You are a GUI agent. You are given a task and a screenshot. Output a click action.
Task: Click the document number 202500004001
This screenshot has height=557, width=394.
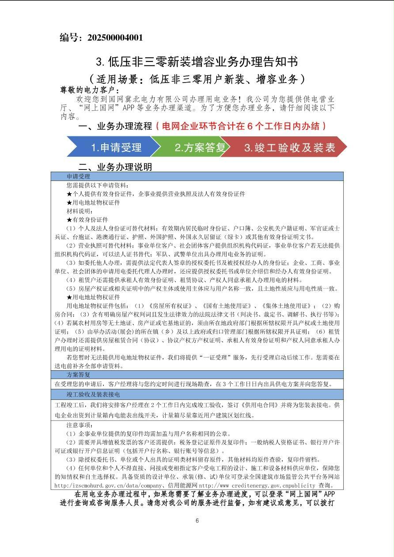pyautogui.click(x=115, y=38)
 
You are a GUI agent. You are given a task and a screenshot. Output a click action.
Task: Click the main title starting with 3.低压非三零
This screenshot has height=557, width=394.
pyautogui.click(x=197, y=61)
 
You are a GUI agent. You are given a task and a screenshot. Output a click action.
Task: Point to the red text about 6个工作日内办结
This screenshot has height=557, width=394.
pyautogui.click(x=244, y=126)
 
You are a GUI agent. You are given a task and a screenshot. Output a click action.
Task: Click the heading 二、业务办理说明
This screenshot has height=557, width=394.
pyautogui.click(x=115, y=167)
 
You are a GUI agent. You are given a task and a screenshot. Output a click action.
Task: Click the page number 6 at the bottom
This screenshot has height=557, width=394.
pyautogui.click(x=197, y=521)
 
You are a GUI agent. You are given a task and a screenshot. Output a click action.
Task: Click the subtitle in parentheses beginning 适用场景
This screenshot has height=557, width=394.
pyautogui.click(x=197, y=79)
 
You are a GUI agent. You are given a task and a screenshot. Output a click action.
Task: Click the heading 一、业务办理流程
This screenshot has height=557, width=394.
pyautogui.click(x=115, y=126)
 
